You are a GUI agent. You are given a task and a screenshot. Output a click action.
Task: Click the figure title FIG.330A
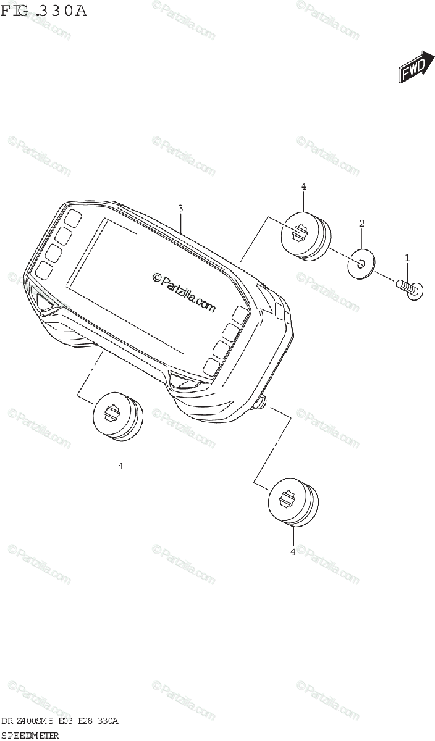click(x=44, y=11)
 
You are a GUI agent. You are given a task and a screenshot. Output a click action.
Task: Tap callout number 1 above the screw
click(x=407, y=256)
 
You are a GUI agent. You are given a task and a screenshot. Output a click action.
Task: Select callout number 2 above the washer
click(x=362, y=223)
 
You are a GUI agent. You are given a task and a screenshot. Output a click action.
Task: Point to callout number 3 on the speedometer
click(x=180, y=208)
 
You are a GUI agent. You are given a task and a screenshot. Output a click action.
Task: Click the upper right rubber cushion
click(x=305, y=236)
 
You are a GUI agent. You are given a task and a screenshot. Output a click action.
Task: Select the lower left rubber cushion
click(x=117, y=415)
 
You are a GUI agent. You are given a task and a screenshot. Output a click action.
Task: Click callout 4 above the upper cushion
click(x=303, y=186)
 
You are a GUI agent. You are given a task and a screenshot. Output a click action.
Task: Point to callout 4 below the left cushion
click(x=120, y=466)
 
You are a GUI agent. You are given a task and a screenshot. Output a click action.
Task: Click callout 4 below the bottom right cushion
click(x=293, y=552)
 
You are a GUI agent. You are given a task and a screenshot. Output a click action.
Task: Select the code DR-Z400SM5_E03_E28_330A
click(x=60, y=721)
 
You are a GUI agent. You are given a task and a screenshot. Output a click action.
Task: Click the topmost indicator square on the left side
click(x=73, y=218)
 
